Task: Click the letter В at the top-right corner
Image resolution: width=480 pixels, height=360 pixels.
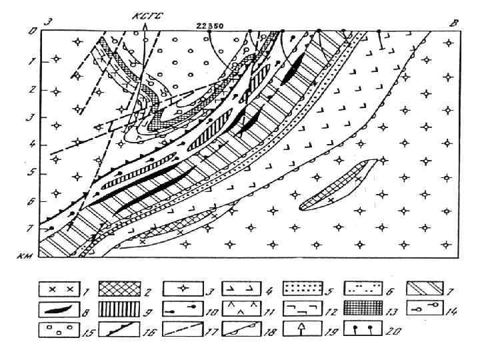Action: pos(455,23)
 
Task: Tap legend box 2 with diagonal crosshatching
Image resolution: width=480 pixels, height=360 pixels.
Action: pos(120,289)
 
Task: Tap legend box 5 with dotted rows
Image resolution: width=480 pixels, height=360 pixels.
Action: pos(304,289)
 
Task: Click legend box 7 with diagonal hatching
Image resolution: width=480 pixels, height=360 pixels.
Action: pos(427,289)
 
